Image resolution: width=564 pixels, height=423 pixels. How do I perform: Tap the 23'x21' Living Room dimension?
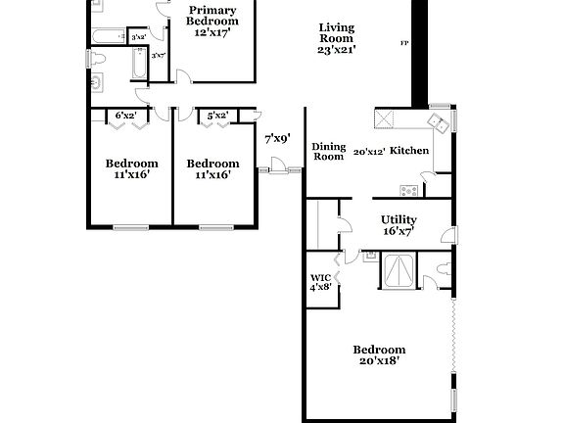[337, 48]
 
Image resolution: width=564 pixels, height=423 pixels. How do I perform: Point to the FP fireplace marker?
[404, 43]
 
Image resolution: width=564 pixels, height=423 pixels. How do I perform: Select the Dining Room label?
[328, 151]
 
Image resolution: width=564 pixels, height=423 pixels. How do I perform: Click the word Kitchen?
[409, 152]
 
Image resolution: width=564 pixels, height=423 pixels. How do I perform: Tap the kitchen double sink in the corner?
[437, 121]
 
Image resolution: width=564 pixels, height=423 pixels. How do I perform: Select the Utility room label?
[399, 219]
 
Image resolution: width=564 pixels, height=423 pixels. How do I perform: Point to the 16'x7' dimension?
[399, 232]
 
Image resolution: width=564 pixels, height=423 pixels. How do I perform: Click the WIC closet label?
[321, 276]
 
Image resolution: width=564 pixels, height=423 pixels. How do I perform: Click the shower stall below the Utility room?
[399, 269]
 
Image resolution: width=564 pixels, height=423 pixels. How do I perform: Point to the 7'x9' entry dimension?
[278, 139]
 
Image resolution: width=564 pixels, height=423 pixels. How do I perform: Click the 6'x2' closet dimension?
[126, 116]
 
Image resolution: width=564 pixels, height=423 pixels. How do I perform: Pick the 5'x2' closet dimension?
[217, 116]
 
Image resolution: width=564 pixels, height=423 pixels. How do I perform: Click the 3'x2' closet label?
[139, 37]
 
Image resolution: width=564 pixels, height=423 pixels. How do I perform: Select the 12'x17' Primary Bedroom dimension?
[212, 33]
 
